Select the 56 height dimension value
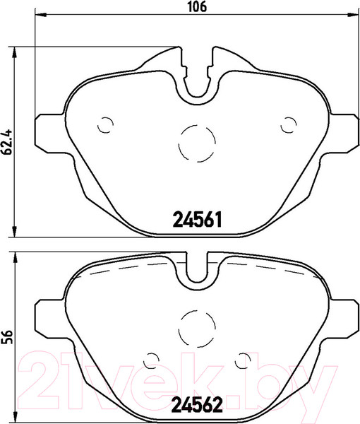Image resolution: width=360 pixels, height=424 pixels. [8, 338]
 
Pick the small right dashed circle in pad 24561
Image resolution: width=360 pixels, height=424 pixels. [288, 124]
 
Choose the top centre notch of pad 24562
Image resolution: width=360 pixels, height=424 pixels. [198, 271]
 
